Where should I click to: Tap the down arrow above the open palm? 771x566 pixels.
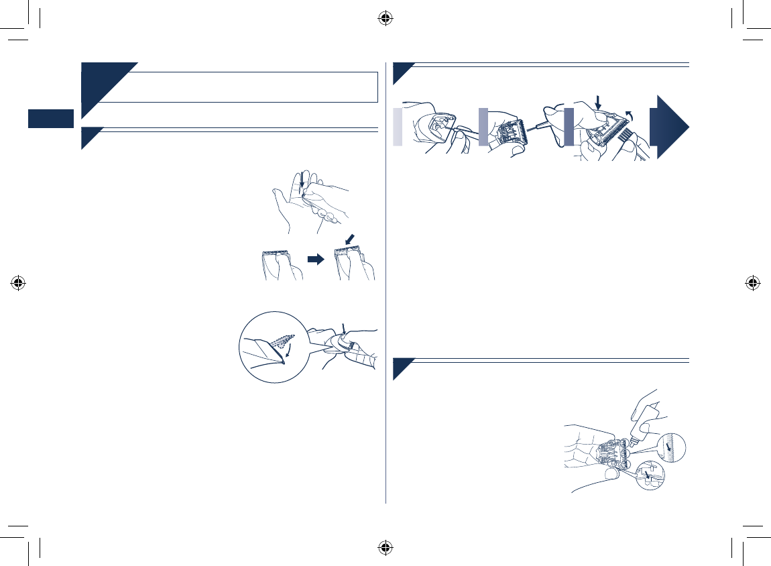[x=303, y=184]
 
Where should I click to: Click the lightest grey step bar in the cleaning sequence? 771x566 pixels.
[x=398, y=125]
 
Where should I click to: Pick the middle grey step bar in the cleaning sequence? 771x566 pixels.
[x=483, y=125]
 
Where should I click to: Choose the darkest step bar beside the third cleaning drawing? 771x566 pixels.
[x=569, y=125]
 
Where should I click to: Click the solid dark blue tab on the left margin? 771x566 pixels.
[x=50, y=119]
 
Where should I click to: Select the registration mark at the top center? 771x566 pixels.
[x=385, y=18]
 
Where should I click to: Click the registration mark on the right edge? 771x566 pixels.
[x=752, y=282]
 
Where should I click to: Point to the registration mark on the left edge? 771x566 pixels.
[x=18, y=282]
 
